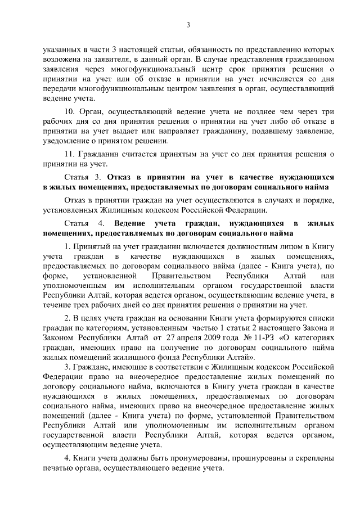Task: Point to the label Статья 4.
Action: click(x=80, y=223)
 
